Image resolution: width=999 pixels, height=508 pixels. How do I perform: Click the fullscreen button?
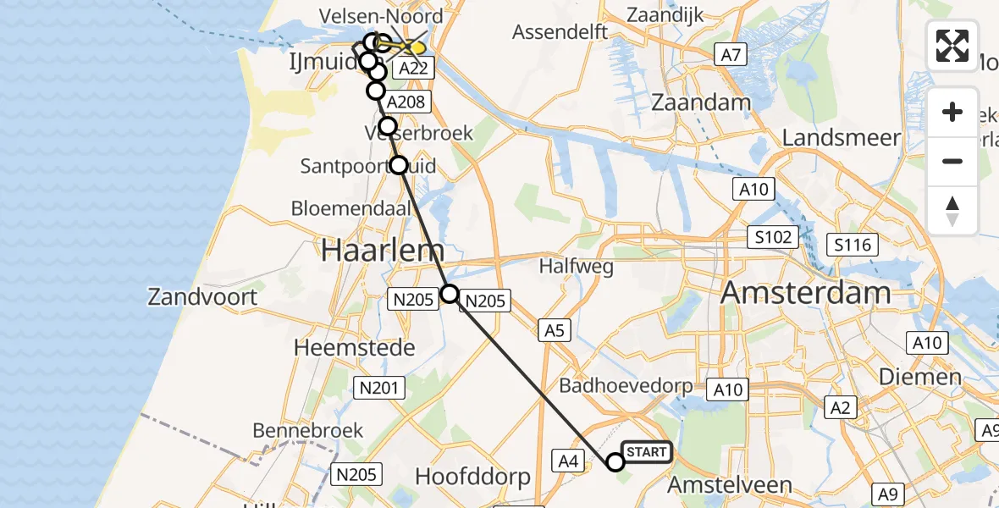tap(952, 45)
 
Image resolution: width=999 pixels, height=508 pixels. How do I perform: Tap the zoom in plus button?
tap(952, 112)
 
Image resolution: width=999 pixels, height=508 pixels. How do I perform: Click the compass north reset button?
tap(952, 211)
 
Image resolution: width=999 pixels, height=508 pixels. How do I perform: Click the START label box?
tap(647, 452)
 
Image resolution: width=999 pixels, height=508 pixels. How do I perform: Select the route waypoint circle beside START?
tap(615, 461)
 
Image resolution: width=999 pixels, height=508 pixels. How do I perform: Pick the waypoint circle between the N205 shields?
tap(450, 294)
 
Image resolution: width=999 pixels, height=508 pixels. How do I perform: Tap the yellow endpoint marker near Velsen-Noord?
tap(414, 47)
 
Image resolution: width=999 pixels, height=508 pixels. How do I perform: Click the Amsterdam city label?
tap(805, 293)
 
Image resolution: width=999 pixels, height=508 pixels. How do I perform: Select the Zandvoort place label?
tap(202, 297)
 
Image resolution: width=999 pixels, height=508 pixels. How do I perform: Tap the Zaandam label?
tap(702, 102)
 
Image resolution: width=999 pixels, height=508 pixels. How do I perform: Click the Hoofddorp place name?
tap(472, 477)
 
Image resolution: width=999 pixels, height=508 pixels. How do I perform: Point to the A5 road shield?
tap(554, 330)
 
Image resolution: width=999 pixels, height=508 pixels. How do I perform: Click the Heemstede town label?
tap(354, 347)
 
